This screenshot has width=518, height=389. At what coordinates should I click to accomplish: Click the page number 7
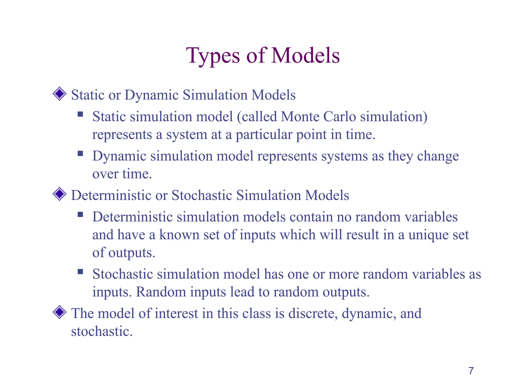click(471, 371)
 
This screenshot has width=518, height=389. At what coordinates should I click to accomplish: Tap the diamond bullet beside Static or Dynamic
click(59, 94)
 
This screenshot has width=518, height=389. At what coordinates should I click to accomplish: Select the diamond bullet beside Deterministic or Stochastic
click(59, 194)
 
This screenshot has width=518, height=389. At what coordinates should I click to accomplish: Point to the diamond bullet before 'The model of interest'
click(59, 312)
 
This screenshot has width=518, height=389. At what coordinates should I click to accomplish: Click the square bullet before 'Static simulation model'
click(80, 114)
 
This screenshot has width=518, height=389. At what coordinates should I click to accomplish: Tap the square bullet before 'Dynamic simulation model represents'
click(80, 153)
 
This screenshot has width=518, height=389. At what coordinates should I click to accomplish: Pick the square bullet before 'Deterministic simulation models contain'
click(80, 215)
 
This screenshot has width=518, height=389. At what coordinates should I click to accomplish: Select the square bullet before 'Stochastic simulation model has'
click(80, 272)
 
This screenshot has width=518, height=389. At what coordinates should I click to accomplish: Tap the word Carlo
click(339, 117)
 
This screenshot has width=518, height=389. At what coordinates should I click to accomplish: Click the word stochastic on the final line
click(102, 331)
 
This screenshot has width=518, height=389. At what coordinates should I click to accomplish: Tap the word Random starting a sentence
click(161, 292)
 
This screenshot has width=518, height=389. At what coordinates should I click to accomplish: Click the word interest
click(176, 314)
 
